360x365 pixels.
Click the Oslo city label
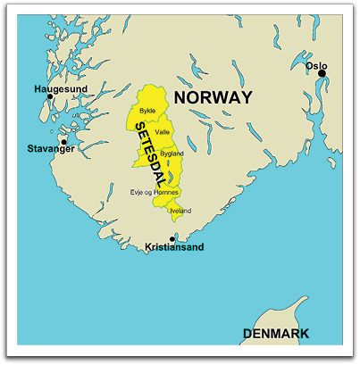316,65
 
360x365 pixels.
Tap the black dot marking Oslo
322,74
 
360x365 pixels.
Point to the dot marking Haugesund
51,96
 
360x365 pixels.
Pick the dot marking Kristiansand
172,238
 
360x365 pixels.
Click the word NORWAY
213,97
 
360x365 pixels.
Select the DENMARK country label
276,334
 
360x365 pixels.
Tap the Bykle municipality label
147,111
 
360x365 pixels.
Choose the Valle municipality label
162,132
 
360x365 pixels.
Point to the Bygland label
172,153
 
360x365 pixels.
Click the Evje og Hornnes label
155,192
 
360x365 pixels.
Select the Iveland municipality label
180,211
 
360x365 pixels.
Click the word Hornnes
168,192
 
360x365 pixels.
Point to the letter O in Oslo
309,65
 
